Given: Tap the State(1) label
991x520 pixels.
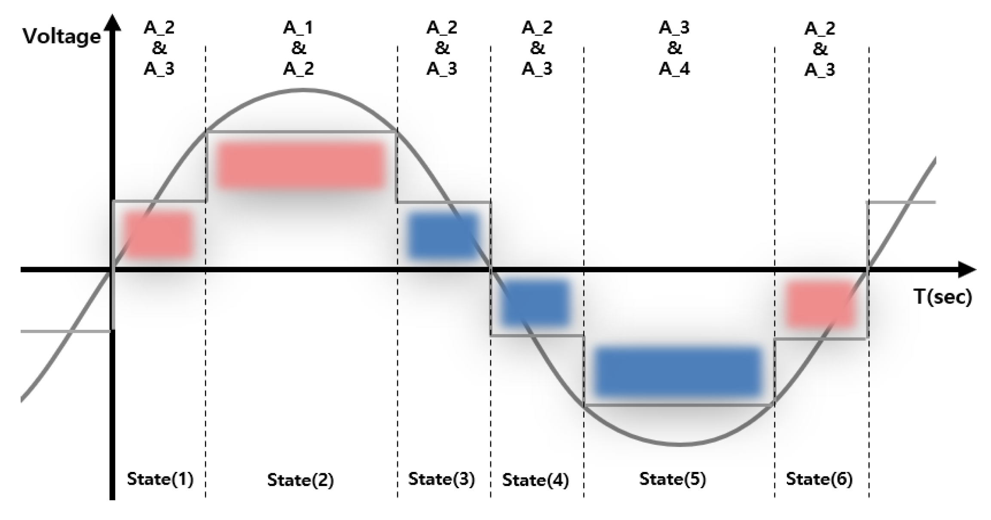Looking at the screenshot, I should point(160,479).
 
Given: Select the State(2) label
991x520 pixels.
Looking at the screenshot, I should point(300,480).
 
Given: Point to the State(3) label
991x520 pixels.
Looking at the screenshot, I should point(441,479).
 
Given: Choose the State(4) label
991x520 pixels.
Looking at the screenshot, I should point(535,480).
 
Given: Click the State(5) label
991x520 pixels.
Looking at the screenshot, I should point(672,479).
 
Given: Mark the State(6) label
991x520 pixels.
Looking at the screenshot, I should point(819,479).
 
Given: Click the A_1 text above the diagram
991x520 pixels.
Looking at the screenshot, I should point(298,27).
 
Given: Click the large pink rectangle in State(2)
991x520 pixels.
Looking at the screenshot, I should point(300,165).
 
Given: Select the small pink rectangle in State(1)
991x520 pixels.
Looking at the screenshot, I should point(158,235).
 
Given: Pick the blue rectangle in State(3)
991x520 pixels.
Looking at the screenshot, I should point(443,235).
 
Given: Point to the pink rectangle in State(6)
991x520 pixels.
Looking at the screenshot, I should point(820,304).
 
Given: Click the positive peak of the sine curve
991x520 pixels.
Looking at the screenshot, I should point(302,90).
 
